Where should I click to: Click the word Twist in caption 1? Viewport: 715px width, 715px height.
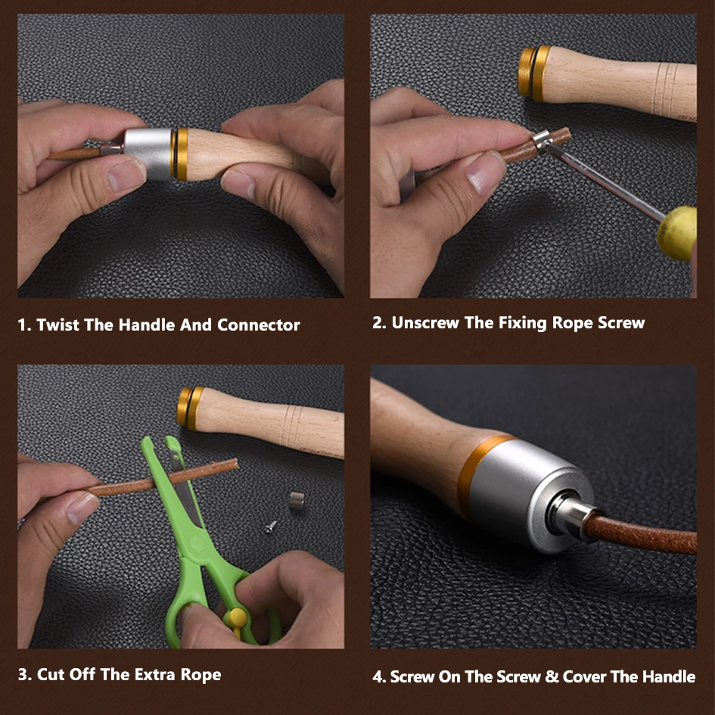pos(58,325)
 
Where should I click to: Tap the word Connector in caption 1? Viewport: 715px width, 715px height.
pos(259,325)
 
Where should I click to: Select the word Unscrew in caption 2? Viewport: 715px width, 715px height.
pos(425,323)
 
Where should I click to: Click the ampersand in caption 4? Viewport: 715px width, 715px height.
pos(552,676)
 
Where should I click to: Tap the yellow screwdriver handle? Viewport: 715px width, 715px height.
pos(678,232)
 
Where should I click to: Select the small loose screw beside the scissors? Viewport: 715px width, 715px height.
pos(272,527)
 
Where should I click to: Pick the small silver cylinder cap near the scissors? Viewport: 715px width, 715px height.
pos(297,500)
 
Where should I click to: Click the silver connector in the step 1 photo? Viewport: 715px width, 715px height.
pos(148,153)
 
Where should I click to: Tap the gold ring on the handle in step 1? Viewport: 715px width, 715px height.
pos(181,154)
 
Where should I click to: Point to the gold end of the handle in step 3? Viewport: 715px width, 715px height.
pos(190,408)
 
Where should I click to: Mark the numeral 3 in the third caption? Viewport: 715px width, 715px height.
pos(23,674)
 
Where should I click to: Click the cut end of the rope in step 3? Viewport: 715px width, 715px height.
pos(235,465)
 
